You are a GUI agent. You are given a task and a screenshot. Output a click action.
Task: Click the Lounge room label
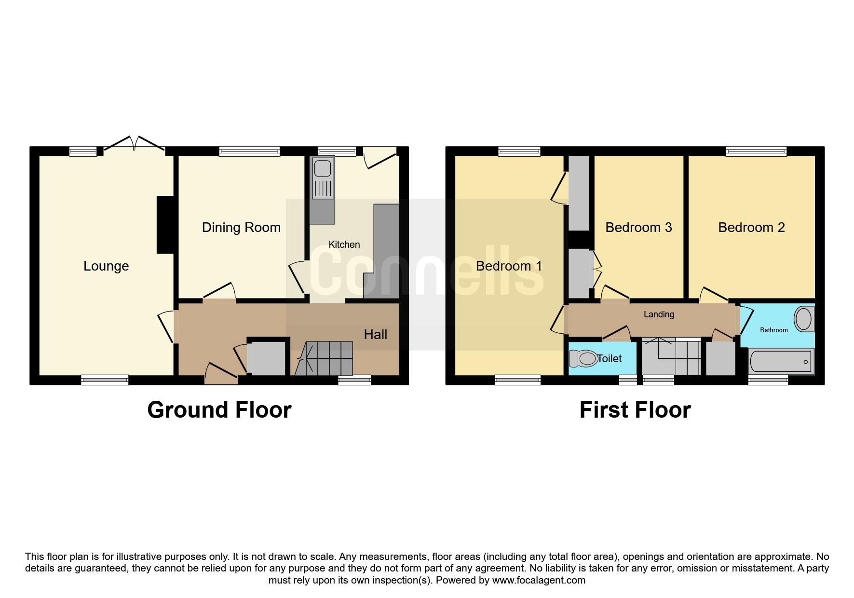pos(106,266)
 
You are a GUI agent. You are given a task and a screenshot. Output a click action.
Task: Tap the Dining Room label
pos(241,228)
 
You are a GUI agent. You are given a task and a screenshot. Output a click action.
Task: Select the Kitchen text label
pos(344,245)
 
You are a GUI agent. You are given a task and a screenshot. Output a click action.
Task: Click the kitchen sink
pos(323,178)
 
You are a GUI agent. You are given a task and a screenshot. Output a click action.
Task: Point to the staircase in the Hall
pos(324,358)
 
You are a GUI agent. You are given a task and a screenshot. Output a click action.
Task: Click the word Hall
pos(376,335)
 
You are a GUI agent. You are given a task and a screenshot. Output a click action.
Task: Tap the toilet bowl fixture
pos(583,358)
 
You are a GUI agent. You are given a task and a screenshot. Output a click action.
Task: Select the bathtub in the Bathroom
pos(781,361)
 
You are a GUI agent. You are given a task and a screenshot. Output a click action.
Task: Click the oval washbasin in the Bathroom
pos(803,319)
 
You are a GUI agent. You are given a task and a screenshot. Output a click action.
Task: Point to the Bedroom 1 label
pos(509,266)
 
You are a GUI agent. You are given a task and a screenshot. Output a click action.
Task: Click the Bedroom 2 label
pos(751,228)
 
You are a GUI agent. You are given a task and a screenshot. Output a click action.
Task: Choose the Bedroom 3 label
pos(638,228)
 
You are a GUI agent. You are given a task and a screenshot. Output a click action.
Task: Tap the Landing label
pos(659,314)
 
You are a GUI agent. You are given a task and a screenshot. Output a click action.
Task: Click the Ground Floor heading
pos(219,410)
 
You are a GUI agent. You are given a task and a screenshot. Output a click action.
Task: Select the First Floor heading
pos(635,410)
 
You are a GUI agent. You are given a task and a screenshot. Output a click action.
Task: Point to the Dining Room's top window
pos(249,151)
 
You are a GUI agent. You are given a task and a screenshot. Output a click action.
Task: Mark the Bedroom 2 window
pos(756,151)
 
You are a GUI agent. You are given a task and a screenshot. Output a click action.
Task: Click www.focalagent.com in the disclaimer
pos(539,581)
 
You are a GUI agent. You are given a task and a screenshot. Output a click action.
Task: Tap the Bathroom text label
pos(774,330)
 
